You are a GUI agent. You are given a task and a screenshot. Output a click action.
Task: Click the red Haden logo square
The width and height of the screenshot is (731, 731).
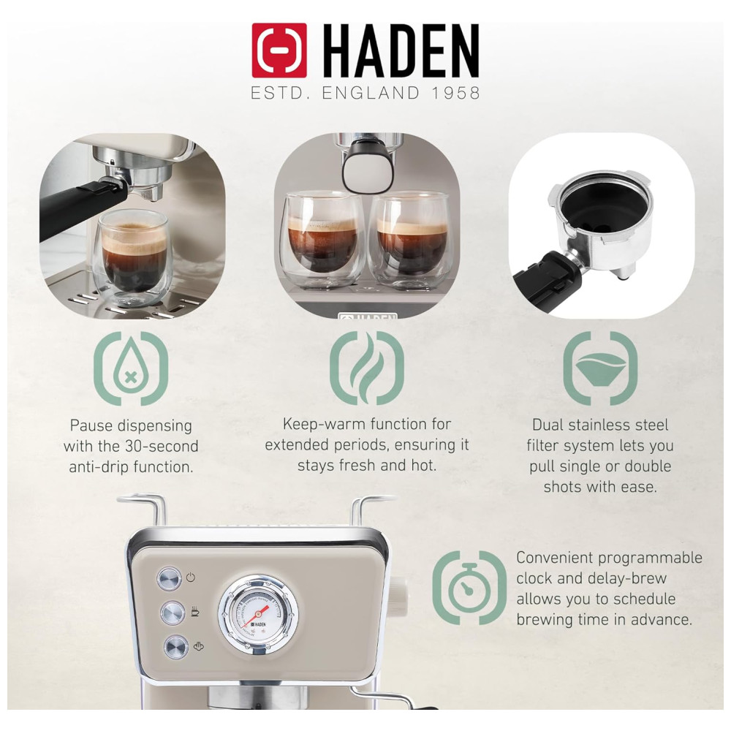coord(279,50)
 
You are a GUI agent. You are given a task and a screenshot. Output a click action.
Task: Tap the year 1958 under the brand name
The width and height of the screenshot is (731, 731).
coord(455,94)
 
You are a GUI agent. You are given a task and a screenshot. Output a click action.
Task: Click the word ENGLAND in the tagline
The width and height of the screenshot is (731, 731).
coord(371,94)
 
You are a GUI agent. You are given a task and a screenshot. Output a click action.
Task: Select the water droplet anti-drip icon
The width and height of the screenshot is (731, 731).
coord(131,368)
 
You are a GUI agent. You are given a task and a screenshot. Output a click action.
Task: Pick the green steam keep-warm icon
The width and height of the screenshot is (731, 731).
coord(367,368)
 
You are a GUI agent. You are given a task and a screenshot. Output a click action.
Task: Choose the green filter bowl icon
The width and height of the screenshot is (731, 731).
coord(600,368)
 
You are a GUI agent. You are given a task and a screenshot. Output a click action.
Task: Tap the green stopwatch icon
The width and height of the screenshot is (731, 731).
coord(469,588)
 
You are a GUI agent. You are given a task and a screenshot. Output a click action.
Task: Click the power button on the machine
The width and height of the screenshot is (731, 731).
coord(169,578)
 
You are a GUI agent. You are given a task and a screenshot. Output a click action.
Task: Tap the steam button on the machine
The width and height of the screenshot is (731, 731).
coord(176,647)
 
